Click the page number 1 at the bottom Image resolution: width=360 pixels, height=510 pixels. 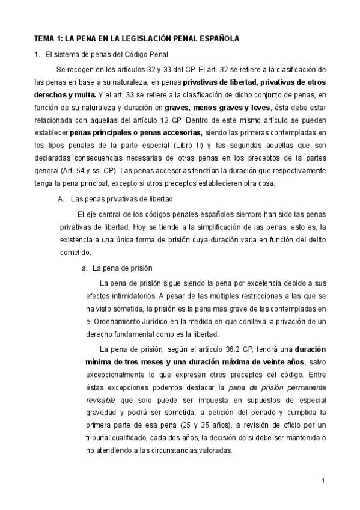[x=323, y=481]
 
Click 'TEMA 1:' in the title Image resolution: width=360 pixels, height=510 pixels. [x=47, y=38]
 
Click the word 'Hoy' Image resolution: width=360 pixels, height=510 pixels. [x=159, y=227]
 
